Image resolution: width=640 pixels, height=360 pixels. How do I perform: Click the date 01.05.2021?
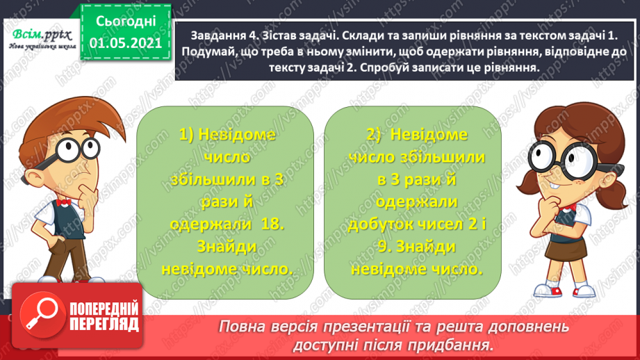pyautogui.click(x=126, y=42)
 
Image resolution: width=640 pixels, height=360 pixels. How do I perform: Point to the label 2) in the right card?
pyautogui.click(x=376, y=133)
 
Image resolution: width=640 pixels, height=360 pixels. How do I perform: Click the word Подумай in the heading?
pyautogui.click(x=205, y=49)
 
